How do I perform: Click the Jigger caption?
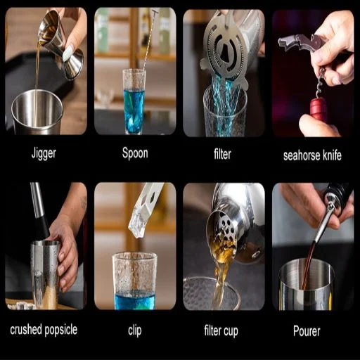click(x=44, y=153)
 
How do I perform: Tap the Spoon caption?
click(x=135, y=153)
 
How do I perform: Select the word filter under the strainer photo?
click(x=222, y=154)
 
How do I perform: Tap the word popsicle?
click(x=60, y=330)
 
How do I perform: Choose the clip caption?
click(x=135, y=330)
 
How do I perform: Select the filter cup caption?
click(x=221, y=330)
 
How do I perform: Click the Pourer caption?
click(x=307, y=331)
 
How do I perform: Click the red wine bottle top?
click(x=319, y=108)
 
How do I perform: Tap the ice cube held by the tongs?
click(x=137, y=223)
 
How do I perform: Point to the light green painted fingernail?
click(x=68, y=53)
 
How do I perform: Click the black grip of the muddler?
click(x=42, y=227)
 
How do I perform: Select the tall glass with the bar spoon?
click(x=134, y=101)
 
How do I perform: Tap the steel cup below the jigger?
click(x=37, y=112)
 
